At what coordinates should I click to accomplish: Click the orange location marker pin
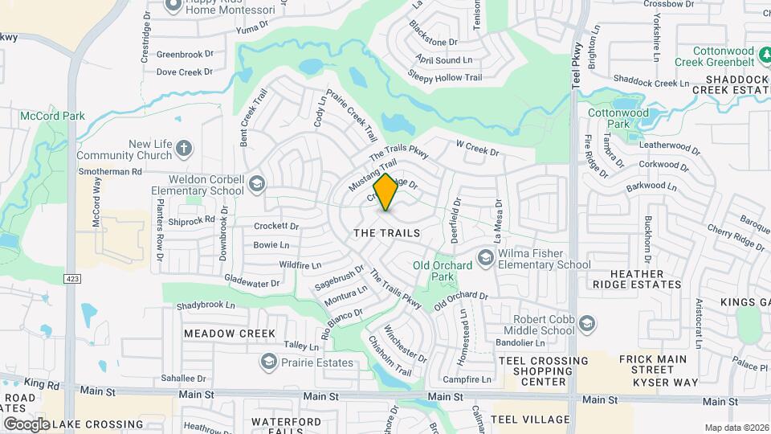(x=386, y=192)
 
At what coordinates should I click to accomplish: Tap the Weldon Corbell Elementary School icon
(x=256, y=184)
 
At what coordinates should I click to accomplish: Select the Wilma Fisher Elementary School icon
(x=485, y=257)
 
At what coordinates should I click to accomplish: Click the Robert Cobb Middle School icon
(x=587, y=323)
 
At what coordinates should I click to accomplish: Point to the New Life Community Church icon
(x=184, y=149)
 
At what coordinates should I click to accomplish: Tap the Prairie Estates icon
(x=269, y=362)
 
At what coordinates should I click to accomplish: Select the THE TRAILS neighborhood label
(x=387, y=232)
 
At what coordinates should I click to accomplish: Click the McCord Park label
(x=53, y=116)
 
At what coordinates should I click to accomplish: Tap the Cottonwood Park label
(x=618, y=119)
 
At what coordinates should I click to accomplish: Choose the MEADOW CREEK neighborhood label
(x=230, y=333)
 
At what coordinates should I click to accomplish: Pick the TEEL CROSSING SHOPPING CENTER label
(x=543, y=371)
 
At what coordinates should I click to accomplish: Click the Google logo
(x=27, y=424)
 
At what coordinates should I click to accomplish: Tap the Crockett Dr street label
(x=276, y=227)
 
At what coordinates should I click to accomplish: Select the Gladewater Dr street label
(x=251, y=283)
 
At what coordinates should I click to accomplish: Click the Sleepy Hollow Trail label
(x=445, y=78)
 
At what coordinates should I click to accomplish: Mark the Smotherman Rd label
(x=110, y=171)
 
